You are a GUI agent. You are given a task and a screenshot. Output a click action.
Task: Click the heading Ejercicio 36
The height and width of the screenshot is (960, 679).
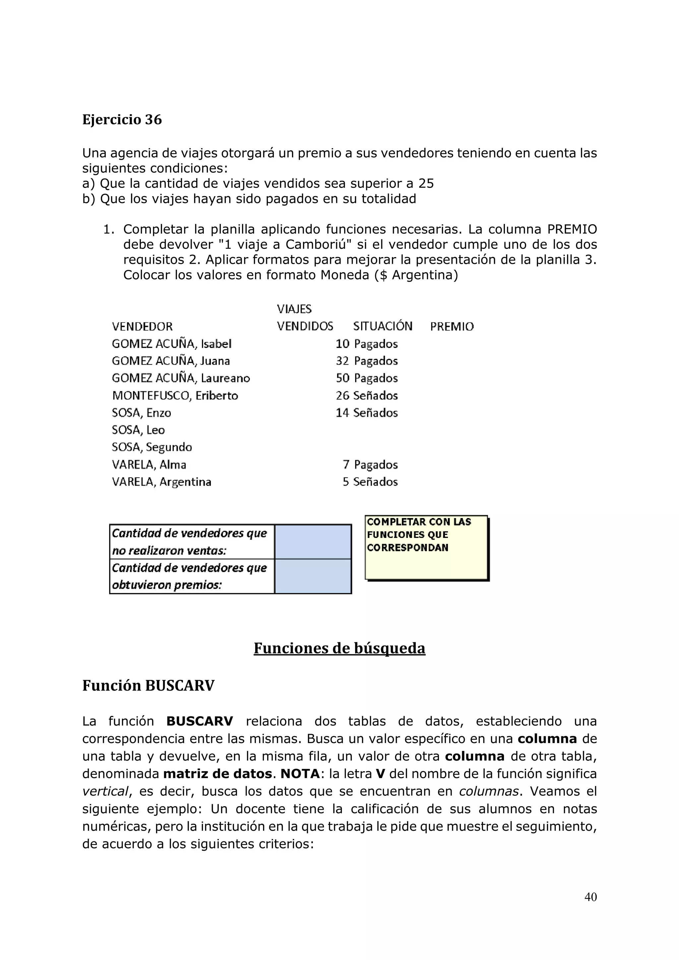pos(122,120)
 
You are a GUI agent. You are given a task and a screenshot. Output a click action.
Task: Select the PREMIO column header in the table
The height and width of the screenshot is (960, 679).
pos(452,327)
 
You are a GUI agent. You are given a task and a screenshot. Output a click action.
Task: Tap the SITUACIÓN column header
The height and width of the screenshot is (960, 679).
pos(382,326)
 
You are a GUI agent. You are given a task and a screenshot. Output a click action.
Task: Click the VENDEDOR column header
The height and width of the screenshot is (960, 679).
pos(142,327)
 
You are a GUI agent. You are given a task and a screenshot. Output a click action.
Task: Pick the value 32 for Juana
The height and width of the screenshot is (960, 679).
pos(342,361)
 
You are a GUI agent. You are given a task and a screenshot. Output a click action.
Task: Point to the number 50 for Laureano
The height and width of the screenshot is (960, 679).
pos(342,378)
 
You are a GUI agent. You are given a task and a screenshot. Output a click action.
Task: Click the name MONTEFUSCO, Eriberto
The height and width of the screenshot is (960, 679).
pos(175,396)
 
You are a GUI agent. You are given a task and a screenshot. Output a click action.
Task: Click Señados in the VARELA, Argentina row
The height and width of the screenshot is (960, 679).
pos(375,482)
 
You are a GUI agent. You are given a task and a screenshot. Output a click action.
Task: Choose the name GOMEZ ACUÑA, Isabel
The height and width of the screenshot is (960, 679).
pos(171,344)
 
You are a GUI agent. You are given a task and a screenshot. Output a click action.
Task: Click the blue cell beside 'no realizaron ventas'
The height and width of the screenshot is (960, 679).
pos(313,542)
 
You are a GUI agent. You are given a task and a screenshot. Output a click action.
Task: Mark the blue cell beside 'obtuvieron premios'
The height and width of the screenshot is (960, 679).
pos(313,576)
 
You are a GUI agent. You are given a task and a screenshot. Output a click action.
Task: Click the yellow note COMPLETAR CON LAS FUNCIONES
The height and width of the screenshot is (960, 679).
pos(426,547)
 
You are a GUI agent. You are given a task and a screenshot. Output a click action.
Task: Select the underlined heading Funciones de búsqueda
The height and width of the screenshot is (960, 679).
pos(339,648)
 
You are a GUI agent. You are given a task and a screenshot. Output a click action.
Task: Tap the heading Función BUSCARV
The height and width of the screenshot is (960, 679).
pos(148,686)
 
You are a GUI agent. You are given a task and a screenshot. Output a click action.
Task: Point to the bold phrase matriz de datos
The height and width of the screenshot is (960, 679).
pos(217,774)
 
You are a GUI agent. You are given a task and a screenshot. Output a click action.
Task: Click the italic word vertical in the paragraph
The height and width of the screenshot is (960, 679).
pos(105,791)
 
